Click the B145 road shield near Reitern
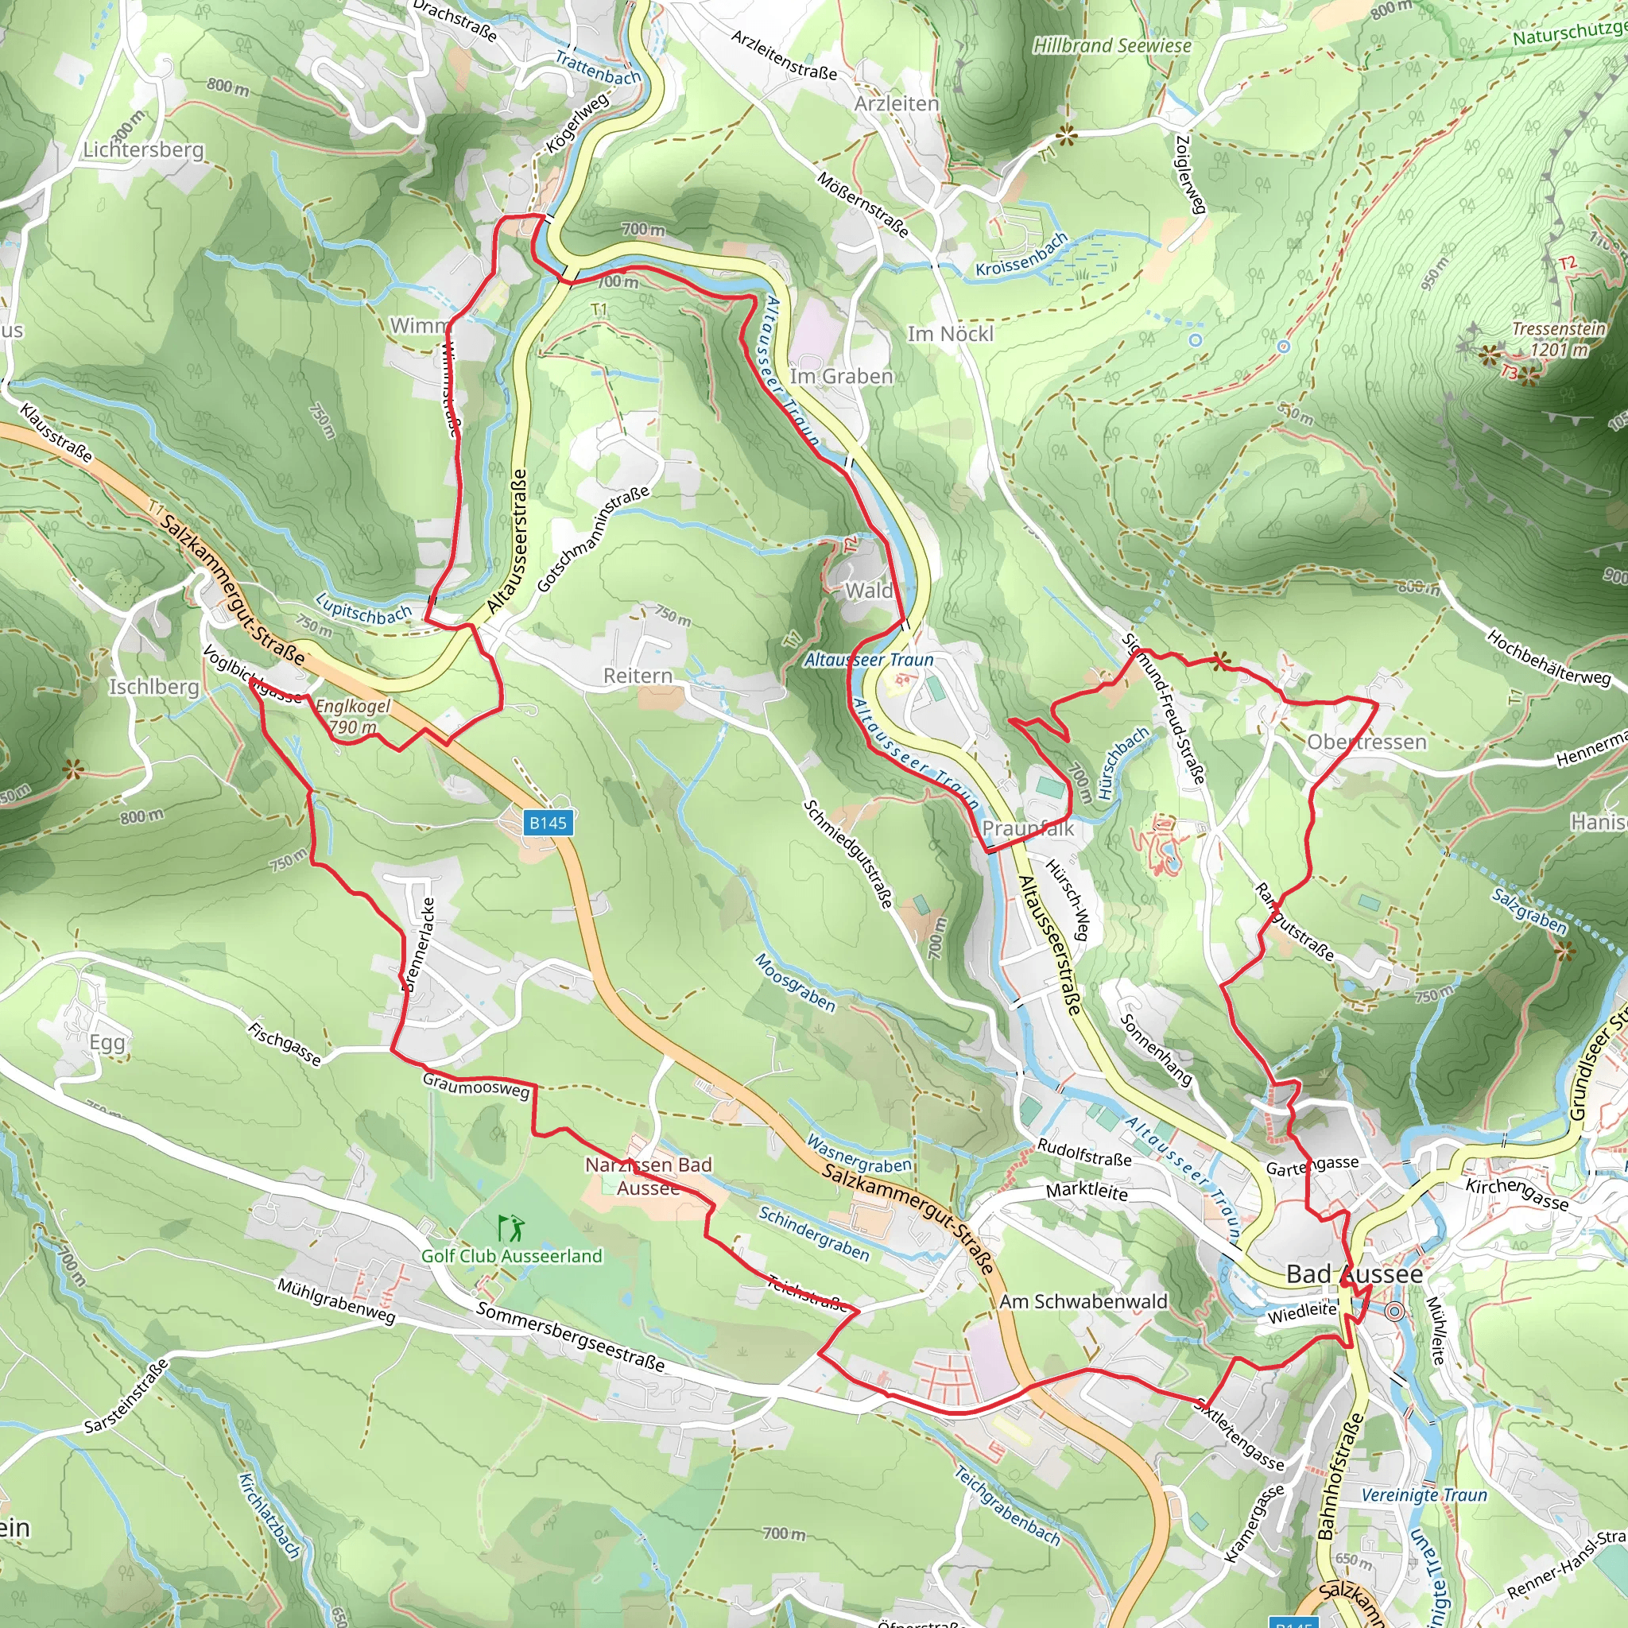click(548, 823)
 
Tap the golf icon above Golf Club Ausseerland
click(510, 1227)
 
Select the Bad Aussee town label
click(1353, 1274)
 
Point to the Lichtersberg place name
click(143, 150)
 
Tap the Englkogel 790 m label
click(353, 716)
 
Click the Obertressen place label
click(1366, 742)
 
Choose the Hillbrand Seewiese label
click(1111, 45)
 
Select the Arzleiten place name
click(896, 103)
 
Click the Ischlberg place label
click(154, 687)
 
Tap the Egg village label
click(107, 1042)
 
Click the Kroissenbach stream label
click(1021, 255)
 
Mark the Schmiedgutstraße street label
click(847, 853)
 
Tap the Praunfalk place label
click(1028, 828)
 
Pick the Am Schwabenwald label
click(1083, 1301)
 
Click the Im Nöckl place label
click(950, 335)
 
